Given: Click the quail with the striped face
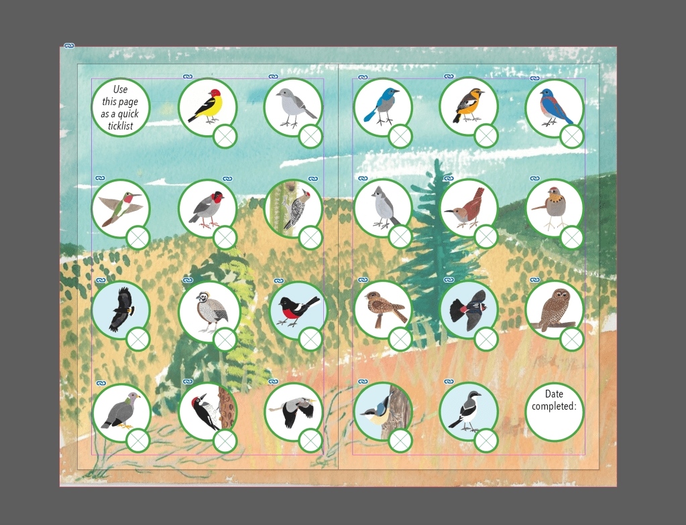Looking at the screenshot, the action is tap(210, 311).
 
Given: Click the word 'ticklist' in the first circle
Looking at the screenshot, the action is tap(120, 126).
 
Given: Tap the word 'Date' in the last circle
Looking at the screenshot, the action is tap(554, 394).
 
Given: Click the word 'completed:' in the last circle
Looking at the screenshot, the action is tap(555, 406).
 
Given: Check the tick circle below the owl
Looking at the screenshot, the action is tap(572, 339).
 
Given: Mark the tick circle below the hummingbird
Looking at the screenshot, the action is tap(138, 238).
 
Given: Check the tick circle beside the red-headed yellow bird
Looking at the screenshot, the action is tap(225, 137).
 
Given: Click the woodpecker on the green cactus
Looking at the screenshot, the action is tap(296, 210).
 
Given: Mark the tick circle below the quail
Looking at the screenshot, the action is tap(225, 340).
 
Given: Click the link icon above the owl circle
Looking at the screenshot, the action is tap(534, 280).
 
